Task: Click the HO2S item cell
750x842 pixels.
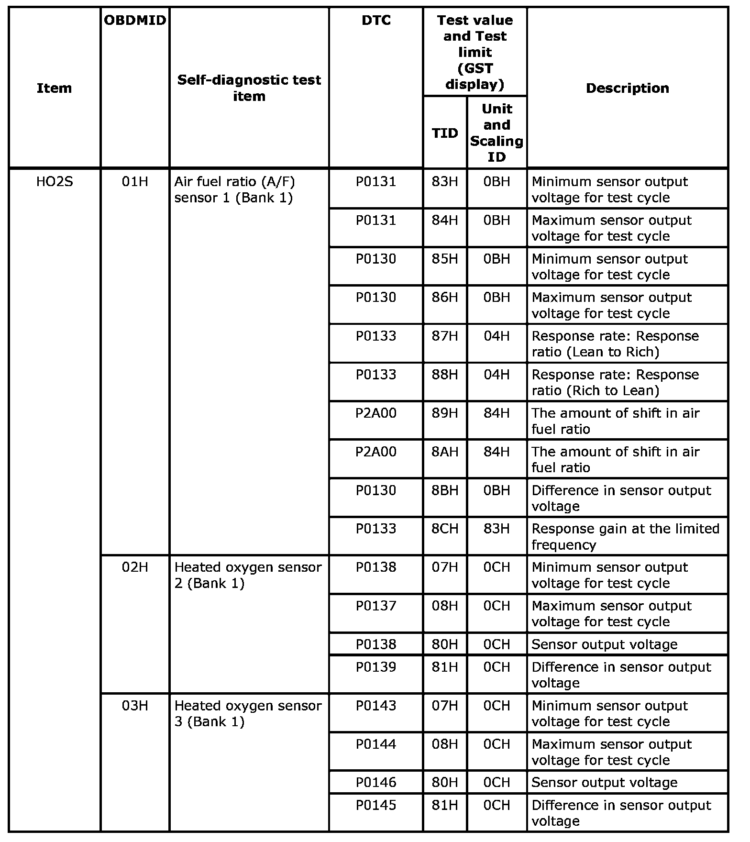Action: (55, 182)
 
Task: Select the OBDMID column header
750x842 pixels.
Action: (135, 21)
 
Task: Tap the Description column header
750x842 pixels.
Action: (627, 88)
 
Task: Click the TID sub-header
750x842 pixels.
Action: (445, 133)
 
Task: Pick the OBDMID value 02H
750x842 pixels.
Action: (135, 567)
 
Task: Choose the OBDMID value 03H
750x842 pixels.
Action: (135, 706)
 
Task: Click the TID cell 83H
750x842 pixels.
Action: (445, 182)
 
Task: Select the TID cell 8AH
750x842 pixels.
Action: (445, 452)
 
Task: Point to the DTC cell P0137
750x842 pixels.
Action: (376, 606)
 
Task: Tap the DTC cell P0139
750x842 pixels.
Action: (376, 667)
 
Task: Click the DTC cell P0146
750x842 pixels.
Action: (376, 782)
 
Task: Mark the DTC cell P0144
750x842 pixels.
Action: (376, 744)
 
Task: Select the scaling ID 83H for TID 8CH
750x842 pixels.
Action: (496, 529)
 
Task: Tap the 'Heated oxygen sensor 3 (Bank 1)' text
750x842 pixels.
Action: (248, 713)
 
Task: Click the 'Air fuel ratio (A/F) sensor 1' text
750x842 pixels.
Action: (234, 189)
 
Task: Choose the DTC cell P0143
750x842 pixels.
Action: (376, 706)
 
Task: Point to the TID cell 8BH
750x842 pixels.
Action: (445, 490)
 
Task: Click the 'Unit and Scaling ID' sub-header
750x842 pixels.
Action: (496, 133)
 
